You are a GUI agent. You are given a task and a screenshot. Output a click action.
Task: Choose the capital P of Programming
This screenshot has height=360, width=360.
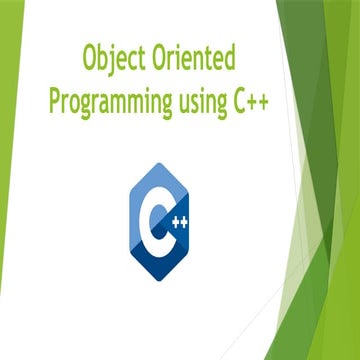point(57,101)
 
